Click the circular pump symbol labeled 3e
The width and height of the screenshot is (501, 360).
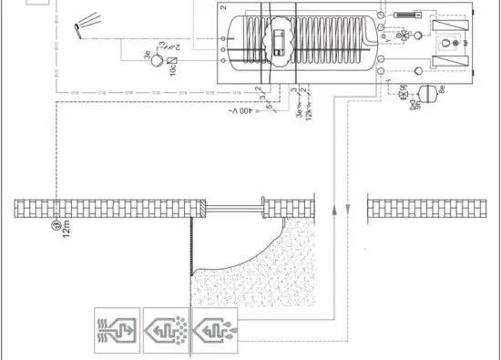(157, 60)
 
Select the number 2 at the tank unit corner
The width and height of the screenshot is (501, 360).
(223, 9)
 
